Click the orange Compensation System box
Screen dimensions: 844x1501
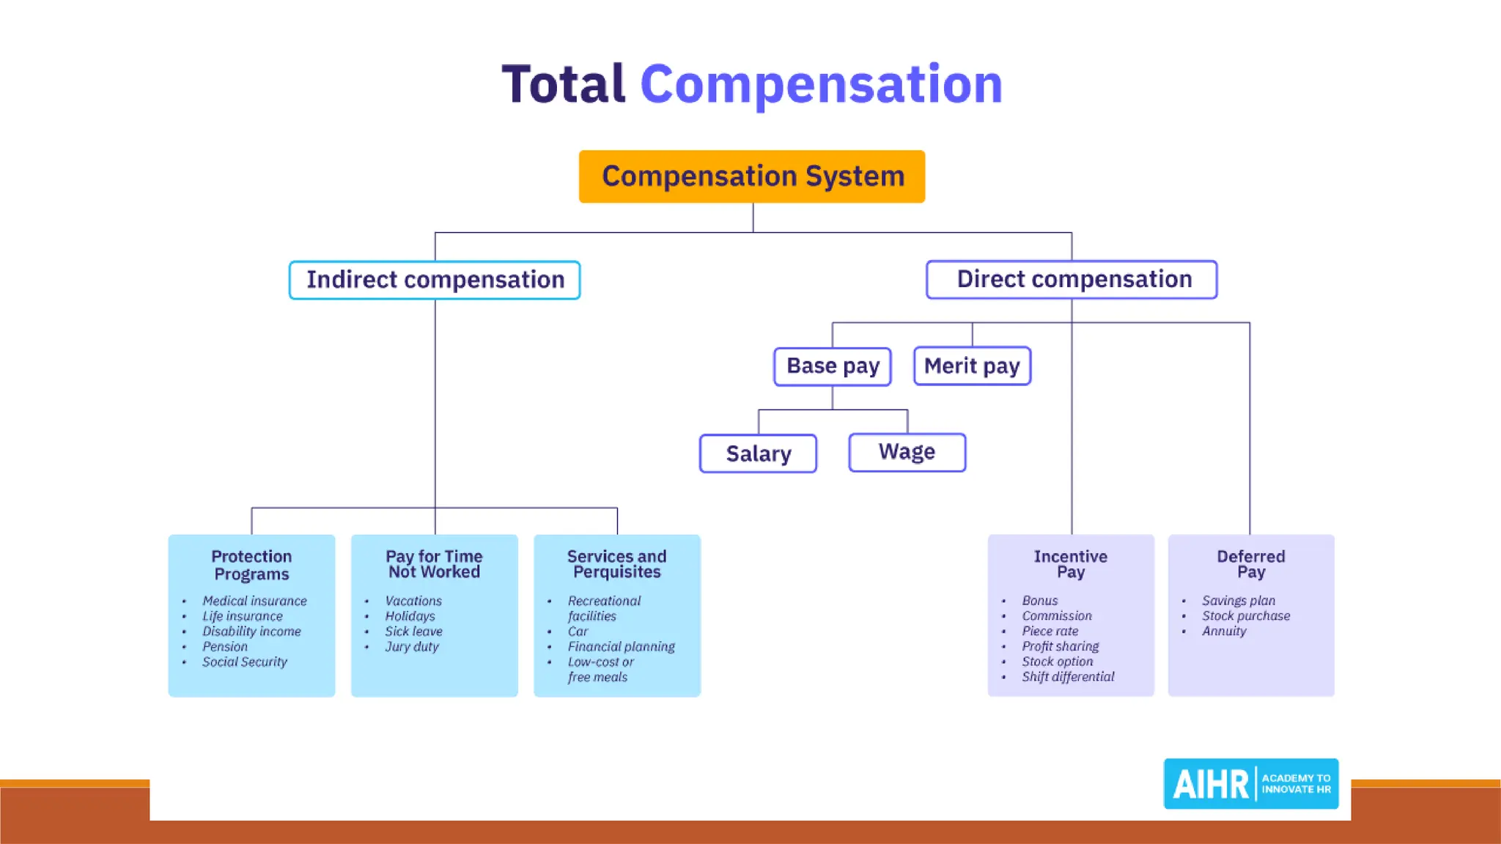click(752, 177)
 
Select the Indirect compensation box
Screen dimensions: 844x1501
click(435, 280)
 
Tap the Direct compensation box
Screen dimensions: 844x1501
click(1072, 279)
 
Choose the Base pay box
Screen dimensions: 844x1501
click(833, 366)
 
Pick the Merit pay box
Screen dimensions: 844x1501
click(972, 366)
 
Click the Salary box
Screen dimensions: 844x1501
click(758, 454)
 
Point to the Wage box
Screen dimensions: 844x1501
click(907, 452)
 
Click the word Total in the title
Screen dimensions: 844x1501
click(563, 84)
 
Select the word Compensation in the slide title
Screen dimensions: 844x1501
click(821, 84)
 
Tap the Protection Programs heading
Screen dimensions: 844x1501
click(251, 565)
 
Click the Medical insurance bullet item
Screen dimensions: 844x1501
click(254, 601)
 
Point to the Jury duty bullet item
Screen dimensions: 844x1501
click(412, 646)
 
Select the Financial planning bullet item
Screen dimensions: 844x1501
click(621, 646)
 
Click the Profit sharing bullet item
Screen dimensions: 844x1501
click(1060, 646)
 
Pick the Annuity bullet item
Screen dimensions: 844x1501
click(1223, 631)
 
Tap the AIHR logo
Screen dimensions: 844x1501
click(1251, 783)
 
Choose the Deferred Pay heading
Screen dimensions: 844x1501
click(1250, 564)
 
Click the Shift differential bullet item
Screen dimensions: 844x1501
click(1068, 677)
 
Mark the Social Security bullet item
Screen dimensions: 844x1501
click(245, 662)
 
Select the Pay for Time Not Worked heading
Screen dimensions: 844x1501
click(434, 564)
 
